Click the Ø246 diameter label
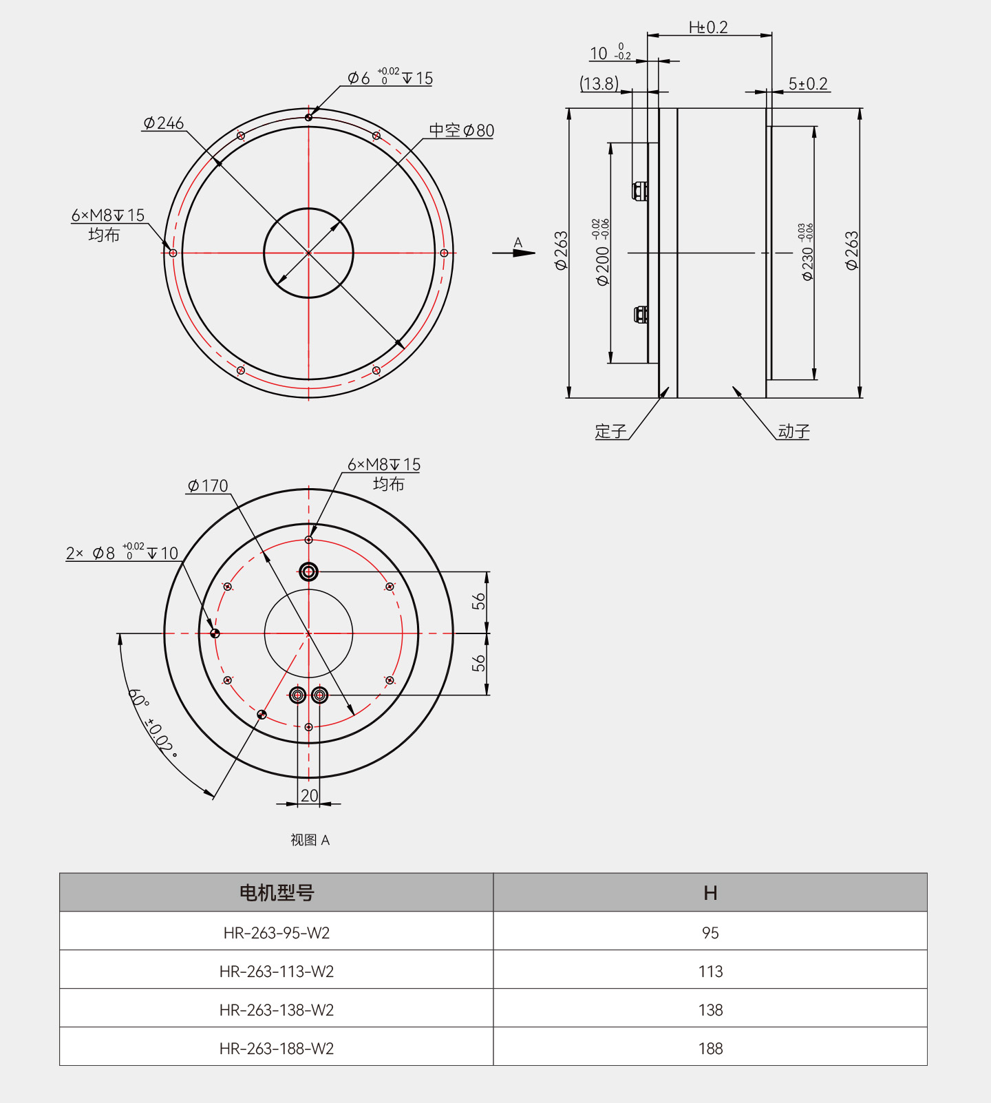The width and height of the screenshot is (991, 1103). click(x=164, y=123)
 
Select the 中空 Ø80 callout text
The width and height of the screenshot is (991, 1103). click(x=461, y=130)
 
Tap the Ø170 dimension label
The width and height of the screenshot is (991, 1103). click(x=208, y=486)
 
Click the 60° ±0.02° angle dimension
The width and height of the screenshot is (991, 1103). click(x=153, y=723)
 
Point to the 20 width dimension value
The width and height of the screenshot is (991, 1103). click(x=309, y=795)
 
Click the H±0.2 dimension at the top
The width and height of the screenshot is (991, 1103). click(x=708, y=28)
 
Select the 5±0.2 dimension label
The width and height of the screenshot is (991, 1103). click(x=808, y=84)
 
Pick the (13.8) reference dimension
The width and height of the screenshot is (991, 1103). click(x=599, y=84)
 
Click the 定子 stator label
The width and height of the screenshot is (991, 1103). click(x=610, y=432)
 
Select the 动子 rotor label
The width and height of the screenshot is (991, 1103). click(x=793, y=432)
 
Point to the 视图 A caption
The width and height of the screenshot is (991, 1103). click(x=310, y=840)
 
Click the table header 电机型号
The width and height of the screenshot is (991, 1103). click(x=277, y=893)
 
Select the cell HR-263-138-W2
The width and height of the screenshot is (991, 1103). click(x=277, y=1010)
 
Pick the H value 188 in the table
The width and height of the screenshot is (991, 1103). click(x=710, y=1049)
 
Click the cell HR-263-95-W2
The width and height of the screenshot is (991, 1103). click(x=277, y=933)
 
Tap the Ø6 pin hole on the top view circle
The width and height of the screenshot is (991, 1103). click(x=308, y=117)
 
